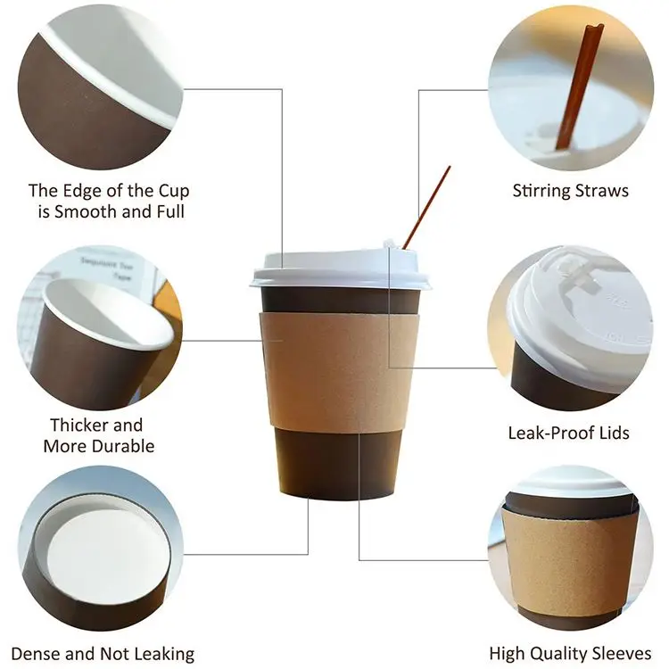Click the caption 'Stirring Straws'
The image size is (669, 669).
coord(570,190)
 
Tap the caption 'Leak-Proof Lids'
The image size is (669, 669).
coord(568,433)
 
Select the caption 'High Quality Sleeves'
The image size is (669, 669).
coord(570,654)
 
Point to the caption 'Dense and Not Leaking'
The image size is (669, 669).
coord(102,654)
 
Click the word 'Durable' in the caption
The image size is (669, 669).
coord(124,446)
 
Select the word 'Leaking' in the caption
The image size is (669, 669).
coord(160,654)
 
